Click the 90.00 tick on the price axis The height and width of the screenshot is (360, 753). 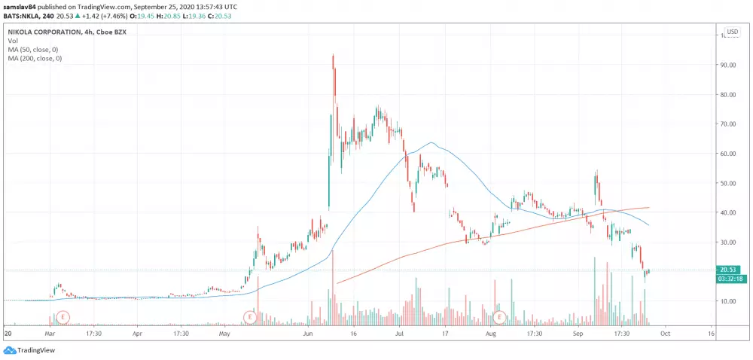(728, 66)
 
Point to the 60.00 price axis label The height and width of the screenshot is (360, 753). (728, 154)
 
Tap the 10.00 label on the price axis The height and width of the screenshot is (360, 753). (728, 301)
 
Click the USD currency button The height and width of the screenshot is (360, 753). (732, 32)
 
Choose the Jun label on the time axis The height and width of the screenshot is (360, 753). (306, 332)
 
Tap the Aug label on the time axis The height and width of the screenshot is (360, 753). (492, 332)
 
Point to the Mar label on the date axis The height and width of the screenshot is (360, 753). (50, 332)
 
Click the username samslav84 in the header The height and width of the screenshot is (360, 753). (19, 5)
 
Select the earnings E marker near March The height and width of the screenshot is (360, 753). (64, 316)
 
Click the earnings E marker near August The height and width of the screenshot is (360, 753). (498, 316)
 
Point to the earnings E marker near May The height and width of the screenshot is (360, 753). (250, 316)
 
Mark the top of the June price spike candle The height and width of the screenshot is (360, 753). (333, 55)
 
